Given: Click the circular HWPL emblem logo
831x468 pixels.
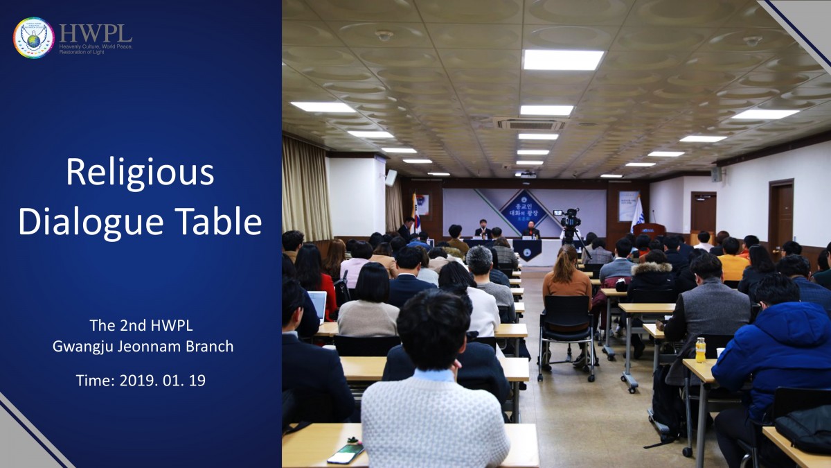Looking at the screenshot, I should [33, 37].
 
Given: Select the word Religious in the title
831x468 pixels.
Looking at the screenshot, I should [140, 173].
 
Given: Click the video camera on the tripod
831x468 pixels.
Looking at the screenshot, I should [570, 220].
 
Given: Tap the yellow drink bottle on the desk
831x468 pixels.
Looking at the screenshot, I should [700, 350].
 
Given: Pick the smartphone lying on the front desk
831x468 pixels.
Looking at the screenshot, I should [345, 453].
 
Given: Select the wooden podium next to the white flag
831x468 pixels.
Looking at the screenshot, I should [650, 231].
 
